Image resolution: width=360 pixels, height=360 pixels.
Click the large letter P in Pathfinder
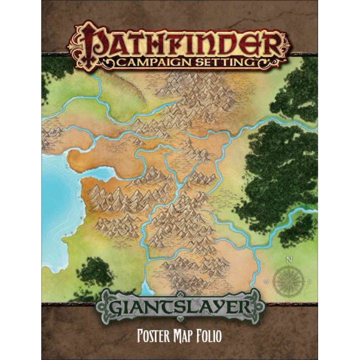click(x=89, y=42)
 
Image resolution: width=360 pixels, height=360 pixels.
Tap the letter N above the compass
click(x=288, y=257)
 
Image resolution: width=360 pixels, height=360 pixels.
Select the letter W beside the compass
click(x=268, y=279)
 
